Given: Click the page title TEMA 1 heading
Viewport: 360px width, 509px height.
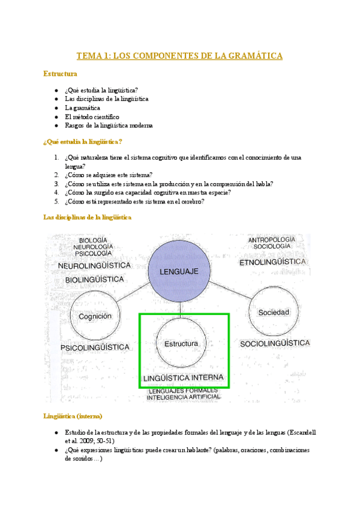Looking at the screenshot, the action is click(x=179, y=56).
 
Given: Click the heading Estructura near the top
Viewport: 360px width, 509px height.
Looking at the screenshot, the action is click(x=60, y=74).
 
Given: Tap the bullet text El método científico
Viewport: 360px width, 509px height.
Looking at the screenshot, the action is click(x=92, y=116).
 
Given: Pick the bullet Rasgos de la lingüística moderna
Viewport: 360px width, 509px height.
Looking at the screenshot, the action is click(x=109, y=125).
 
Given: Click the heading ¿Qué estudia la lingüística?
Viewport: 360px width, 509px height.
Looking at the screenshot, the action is click(x=83, y=141).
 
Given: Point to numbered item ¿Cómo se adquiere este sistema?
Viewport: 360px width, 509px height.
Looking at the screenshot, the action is click(x=109, y=175).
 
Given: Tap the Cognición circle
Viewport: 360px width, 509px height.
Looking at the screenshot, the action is click(x=95, y=316).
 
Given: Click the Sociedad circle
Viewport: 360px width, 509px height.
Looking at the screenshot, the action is click(x=274, y=312).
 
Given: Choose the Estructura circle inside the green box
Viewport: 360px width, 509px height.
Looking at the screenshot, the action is click(x=181, y=344).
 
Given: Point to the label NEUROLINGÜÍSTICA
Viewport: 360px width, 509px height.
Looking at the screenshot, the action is click(x=94, y=265).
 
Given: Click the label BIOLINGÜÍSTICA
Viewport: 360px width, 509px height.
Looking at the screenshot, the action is click(x=94, y=280).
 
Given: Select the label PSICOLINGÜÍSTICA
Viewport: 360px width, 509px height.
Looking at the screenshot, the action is click(x=95, y=348).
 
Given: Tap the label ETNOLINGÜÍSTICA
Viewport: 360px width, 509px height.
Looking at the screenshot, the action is click(x=273, y=262).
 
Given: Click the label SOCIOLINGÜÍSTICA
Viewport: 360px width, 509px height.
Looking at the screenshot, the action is click(x=275, y=343).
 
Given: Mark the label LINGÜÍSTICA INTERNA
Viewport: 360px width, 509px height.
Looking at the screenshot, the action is click(x=184, y=378).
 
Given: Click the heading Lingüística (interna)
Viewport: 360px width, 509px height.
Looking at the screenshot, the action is click(x=73, y=416).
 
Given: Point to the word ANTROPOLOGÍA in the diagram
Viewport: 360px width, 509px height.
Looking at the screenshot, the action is click(x=272, y=240).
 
